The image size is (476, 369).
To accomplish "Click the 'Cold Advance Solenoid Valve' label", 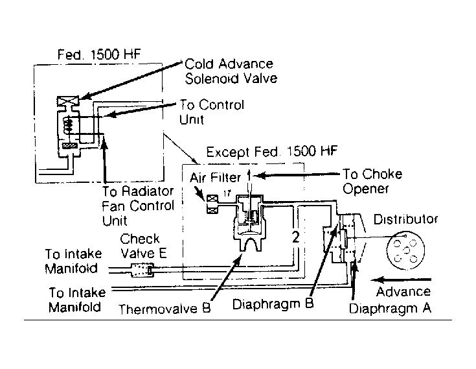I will click(x=231, y=71).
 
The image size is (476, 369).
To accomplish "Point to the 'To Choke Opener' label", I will click(x=372, y=181).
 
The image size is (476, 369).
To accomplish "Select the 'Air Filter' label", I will click(x=216, y=176).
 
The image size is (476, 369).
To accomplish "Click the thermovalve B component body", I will click(x=249, y=224).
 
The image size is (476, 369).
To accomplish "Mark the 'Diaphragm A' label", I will click(x=390, y=307).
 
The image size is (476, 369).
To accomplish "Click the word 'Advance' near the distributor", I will click(x=404, y=291).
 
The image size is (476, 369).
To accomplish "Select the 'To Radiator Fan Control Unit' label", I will click(x=139, y=206).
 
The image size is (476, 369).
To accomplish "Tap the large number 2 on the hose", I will click(x=295, y=237).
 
